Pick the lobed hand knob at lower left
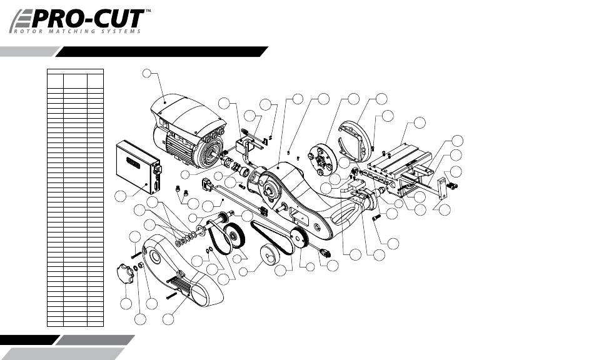(x=127, y=273)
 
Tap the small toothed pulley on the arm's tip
(x=298, y=237)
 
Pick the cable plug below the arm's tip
(x=324, y=253)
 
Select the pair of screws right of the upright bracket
(x=453, y=184)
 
